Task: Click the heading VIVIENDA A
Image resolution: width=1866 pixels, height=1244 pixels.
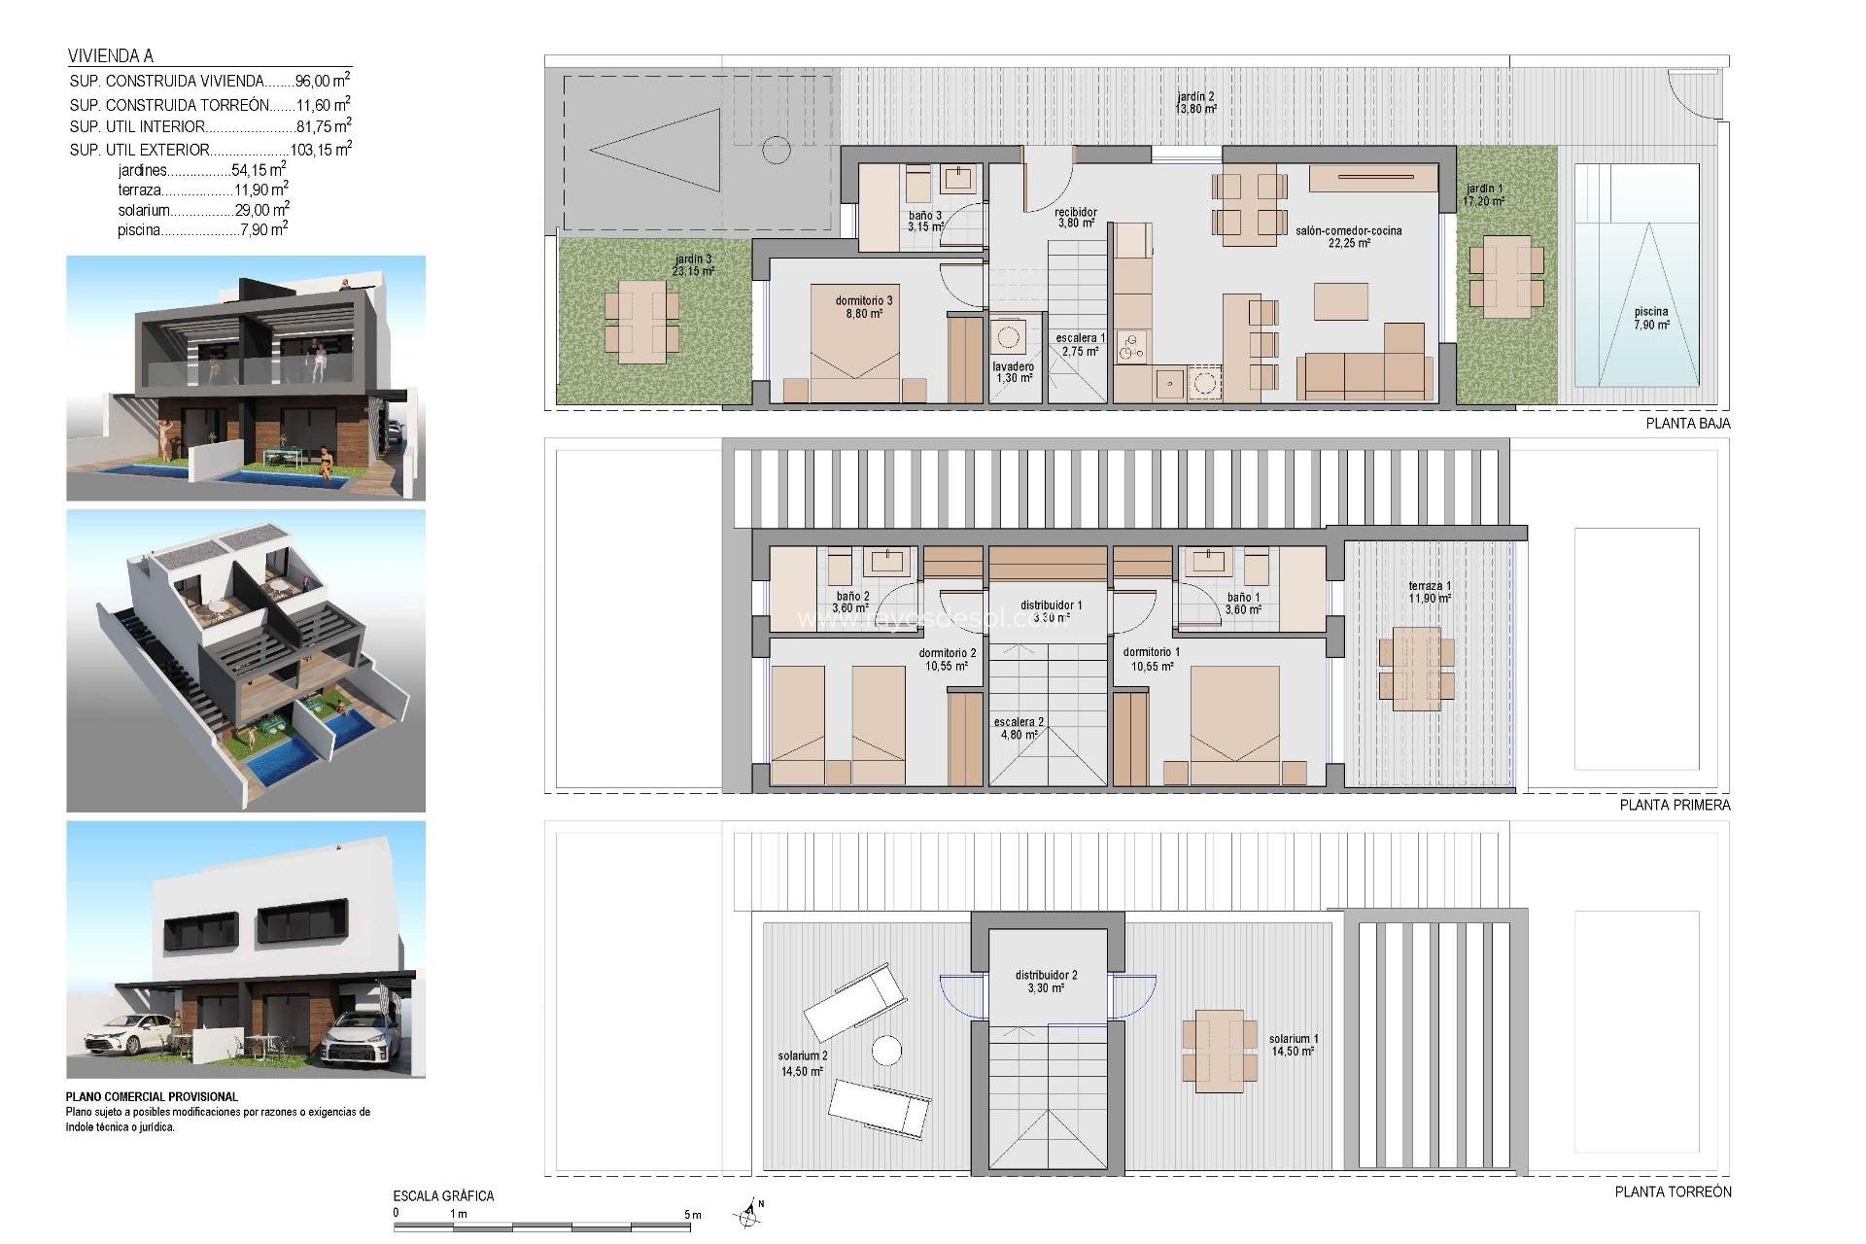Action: [x=111, y=56]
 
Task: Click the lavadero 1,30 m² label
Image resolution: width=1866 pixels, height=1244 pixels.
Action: [x=1013, y=372]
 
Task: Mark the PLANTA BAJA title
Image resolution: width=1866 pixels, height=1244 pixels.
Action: [x=1687, y=424]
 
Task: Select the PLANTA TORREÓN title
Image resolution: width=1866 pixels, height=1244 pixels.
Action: [x=1673, y=1192]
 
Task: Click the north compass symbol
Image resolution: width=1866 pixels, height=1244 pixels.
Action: [x=747, y=1213]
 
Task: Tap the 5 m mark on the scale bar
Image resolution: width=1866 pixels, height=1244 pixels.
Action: [x=692, y=1215]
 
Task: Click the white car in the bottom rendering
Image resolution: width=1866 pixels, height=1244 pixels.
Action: [x=128, y=1033]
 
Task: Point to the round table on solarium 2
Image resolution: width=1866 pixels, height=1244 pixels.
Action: [x=886, y=1051]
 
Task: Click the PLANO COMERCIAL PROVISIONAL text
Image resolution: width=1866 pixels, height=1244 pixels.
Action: [x=152, y=1096]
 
